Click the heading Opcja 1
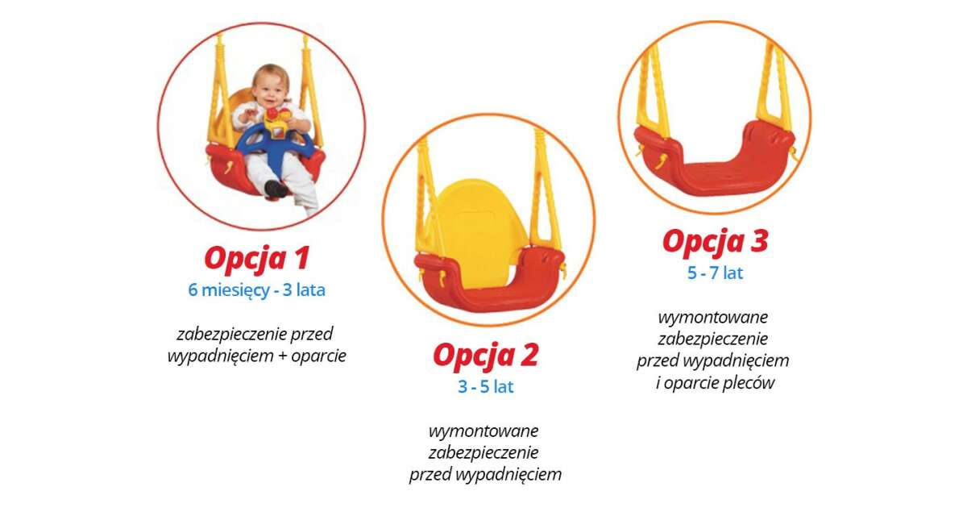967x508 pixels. click(257, 259)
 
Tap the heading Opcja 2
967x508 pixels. click(486, 356)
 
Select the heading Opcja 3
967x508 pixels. click(716, 242)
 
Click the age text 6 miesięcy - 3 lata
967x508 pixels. click(257, 289)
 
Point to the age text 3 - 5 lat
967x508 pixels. click(486, 386)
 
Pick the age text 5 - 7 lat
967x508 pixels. click(716, 273)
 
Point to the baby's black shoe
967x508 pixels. click(276, 189)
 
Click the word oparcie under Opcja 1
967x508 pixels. click(318, 356)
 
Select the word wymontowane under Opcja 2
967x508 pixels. click(483, 431)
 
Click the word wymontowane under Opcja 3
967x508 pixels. click(713, 318)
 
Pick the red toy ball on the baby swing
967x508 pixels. click(272, 115)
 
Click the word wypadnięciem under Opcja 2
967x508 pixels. click(509, 475)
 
